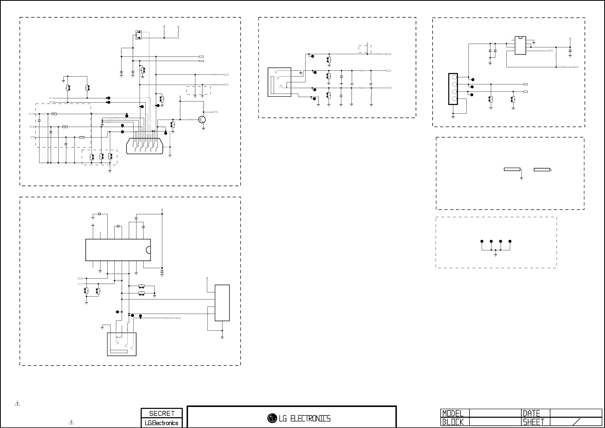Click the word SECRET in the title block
tap(162, 413)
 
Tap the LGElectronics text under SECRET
tap(161, 423)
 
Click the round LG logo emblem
tap(272, 418)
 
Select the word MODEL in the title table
tap(453, 413)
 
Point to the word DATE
tap(531, 413)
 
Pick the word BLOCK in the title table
tap(453, 422)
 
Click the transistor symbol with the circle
tap(202, 120)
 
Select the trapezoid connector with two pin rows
tap(144, 146)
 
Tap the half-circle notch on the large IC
tap(149, 250)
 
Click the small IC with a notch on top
tap(520, 45)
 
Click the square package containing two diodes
tap(139, 35)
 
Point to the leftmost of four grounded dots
tap(482, 241)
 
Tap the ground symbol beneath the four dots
tap(495, 255)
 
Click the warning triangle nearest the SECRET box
tap(71, 422)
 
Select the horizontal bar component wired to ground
tap(512, 170)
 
